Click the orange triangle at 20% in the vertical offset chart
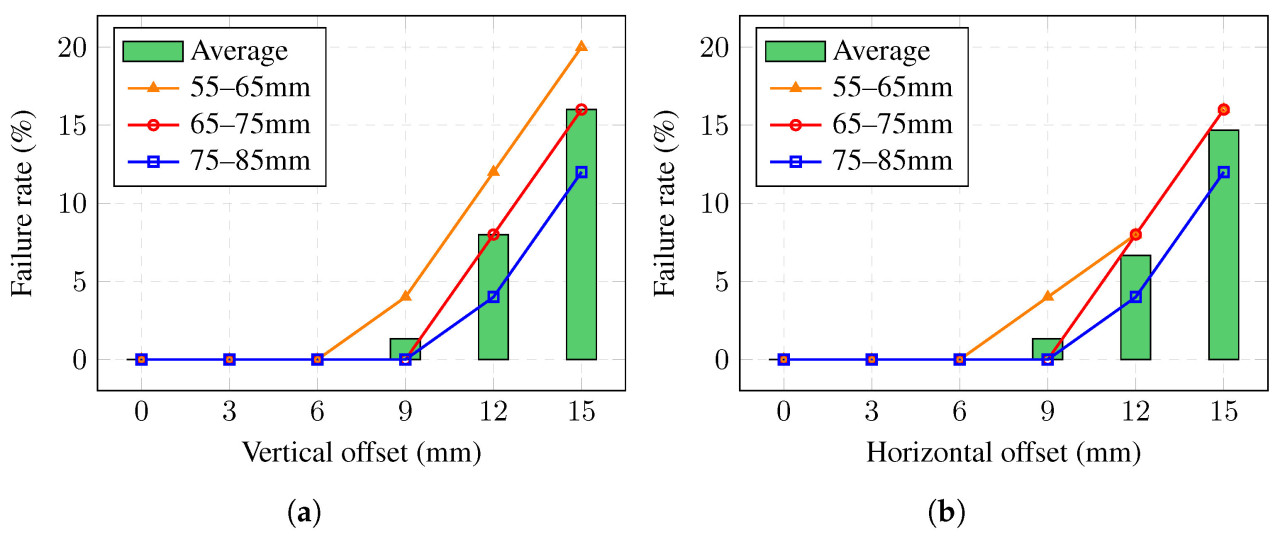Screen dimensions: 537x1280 (x=581, y=47)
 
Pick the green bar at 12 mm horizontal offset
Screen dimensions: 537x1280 (x=1135, y=307)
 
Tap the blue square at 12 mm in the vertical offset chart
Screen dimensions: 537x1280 (x=493, y=297)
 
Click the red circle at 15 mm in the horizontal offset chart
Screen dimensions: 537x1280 (x=1223, y=110)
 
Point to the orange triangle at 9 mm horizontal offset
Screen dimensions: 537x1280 (x=1047, y=297)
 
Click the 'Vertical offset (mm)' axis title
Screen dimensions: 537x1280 (x=361, y=452)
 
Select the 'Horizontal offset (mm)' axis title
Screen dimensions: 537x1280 (x=1003, y=452)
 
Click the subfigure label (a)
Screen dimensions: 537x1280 (x=304, y=514)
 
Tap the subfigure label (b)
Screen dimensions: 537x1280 (x=946, y=514)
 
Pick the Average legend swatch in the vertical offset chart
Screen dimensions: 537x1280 (x=153, y=51)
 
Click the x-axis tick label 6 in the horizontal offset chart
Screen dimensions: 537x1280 (x=959, y=410)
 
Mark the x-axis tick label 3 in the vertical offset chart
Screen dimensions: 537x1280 (x=229, y=410)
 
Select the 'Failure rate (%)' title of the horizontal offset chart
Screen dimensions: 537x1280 (x=664, y=203)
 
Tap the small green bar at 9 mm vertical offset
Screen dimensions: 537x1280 (x=405, y=349)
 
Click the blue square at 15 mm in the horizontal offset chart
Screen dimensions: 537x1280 (x=1223, y=172)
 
